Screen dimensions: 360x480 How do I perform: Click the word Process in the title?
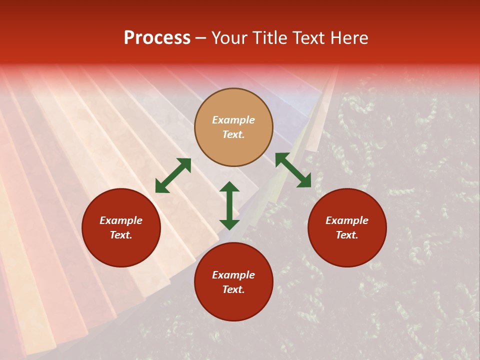[x=157, y=38]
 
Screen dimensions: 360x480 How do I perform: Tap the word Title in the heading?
[x=270, y=38]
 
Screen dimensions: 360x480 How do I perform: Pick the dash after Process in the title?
[x=201, y=38]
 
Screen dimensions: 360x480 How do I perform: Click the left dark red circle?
[x=121, y=227]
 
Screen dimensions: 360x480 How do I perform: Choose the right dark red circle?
[x=347, y=227]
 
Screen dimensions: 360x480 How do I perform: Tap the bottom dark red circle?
[x=233, y=282]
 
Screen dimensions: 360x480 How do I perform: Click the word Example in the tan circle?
[x=233, y=120]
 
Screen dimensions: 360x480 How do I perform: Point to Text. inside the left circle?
[x=121, y=235]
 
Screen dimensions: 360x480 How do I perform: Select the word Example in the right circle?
[x=347, y=220]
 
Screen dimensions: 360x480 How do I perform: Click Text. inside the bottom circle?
[x=233, y=289]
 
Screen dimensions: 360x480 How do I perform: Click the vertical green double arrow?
[x=229, y=205]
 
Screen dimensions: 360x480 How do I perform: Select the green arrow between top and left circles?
[x=173, y=175]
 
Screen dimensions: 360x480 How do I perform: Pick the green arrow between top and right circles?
[x=293, y=170]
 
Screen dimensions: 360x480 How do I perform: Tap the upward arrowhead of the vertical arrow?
[x=229, y=187]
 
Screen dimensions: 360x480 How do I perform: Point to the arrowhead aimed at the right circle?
[x=304, y=181]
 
